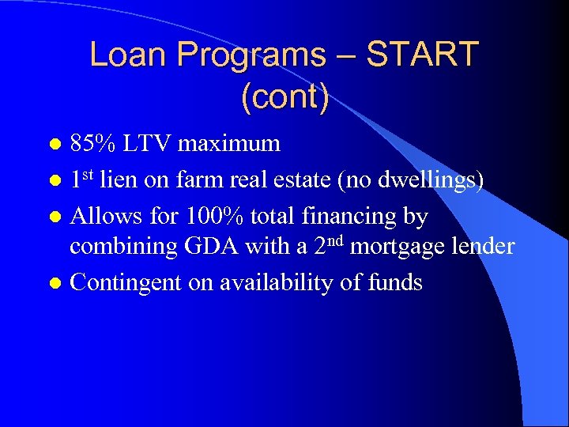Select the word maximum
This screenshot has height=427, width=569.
229,143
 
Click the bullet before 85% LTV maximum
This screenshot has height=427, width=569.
55,145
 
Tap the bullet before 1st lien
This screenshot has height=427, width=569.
55,180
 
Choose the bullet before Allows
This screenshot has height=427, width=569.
55,215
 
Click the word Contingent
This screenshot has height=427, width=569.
128,282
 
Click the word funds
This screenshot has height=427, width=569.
394,282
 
